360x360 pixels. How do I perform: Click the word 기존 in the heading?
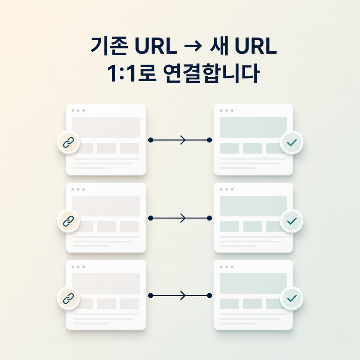[x=110, y=46]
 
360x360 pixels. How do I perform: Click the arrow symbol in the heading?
[x=193, y=46]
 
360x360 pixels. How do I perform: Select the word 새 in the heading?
[x=219, y=45]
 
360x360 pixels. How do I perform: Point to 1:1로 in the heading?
[x=132, y=73]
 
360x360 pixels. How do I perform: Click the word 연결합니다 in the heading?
[x=211, y=73]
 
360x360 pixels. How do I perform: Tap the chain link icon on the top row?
[x=69, y=142]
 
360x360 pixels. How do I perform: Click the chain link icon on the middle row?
[x=69, y=221]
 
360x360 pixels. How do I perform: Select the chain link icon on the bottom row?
[x=69, y=298]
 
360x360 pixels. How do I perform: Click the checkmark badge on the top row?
[x=291, y=142]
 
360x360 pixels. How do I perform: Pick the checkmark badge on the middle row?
[x=291, y=221]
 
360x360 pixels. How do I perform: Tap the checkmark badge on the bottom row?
[x=291, y=298]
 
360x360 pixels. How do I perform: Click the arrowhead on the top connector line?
[x=183, y=140]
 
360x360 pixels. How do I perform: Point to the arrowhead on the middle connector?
[x=183, y=218]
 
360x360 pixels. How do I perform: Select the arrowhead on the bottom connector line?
[x=183, y=295]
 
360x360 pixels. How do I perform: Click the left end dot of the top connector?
[x=151, y=140]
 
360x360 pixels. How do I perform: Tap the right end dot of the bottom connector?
[x=209, y=296]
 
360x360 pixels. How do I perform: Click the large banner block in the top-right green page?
[x=253, y=127]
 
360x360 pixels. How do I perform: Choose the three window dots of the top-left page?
[x=78, y=110]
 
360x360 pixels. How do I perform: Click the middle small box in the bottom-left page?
[x=106, y=304]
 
